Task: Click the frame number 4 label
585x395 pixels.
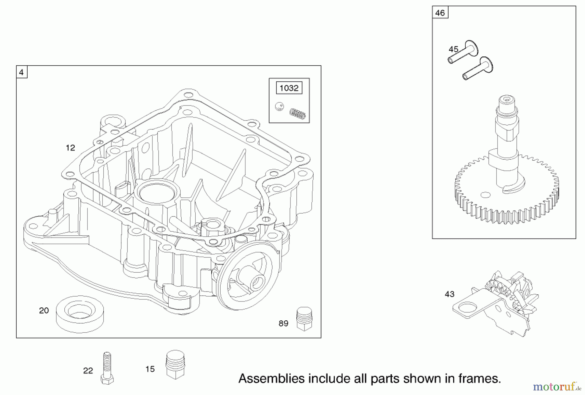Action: click(x=21, y=72)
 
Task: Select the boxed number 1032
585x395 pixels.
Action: click(x=289, y=88)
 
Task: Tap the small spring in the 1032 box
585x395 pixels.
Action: click(x=297, y=114)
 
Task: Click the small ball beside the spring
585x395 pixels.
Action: click(x=279, y=106)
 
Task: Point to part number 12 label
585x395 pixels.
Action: click(x=70, y=148)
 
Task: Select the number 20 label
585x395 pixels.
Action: click(x=44, y=311)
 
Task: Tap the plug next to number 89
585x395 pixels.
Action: click(x=304, y=319)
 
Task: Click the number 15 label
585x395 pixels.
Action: click(x=150, y=369)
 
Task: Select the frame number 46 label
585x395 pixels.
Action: click(x=440, y=13)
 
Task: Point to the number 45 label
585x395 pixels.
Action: click(x=453, y=49)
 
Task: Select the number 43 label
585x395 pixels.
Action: click(x=449, y=294)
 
